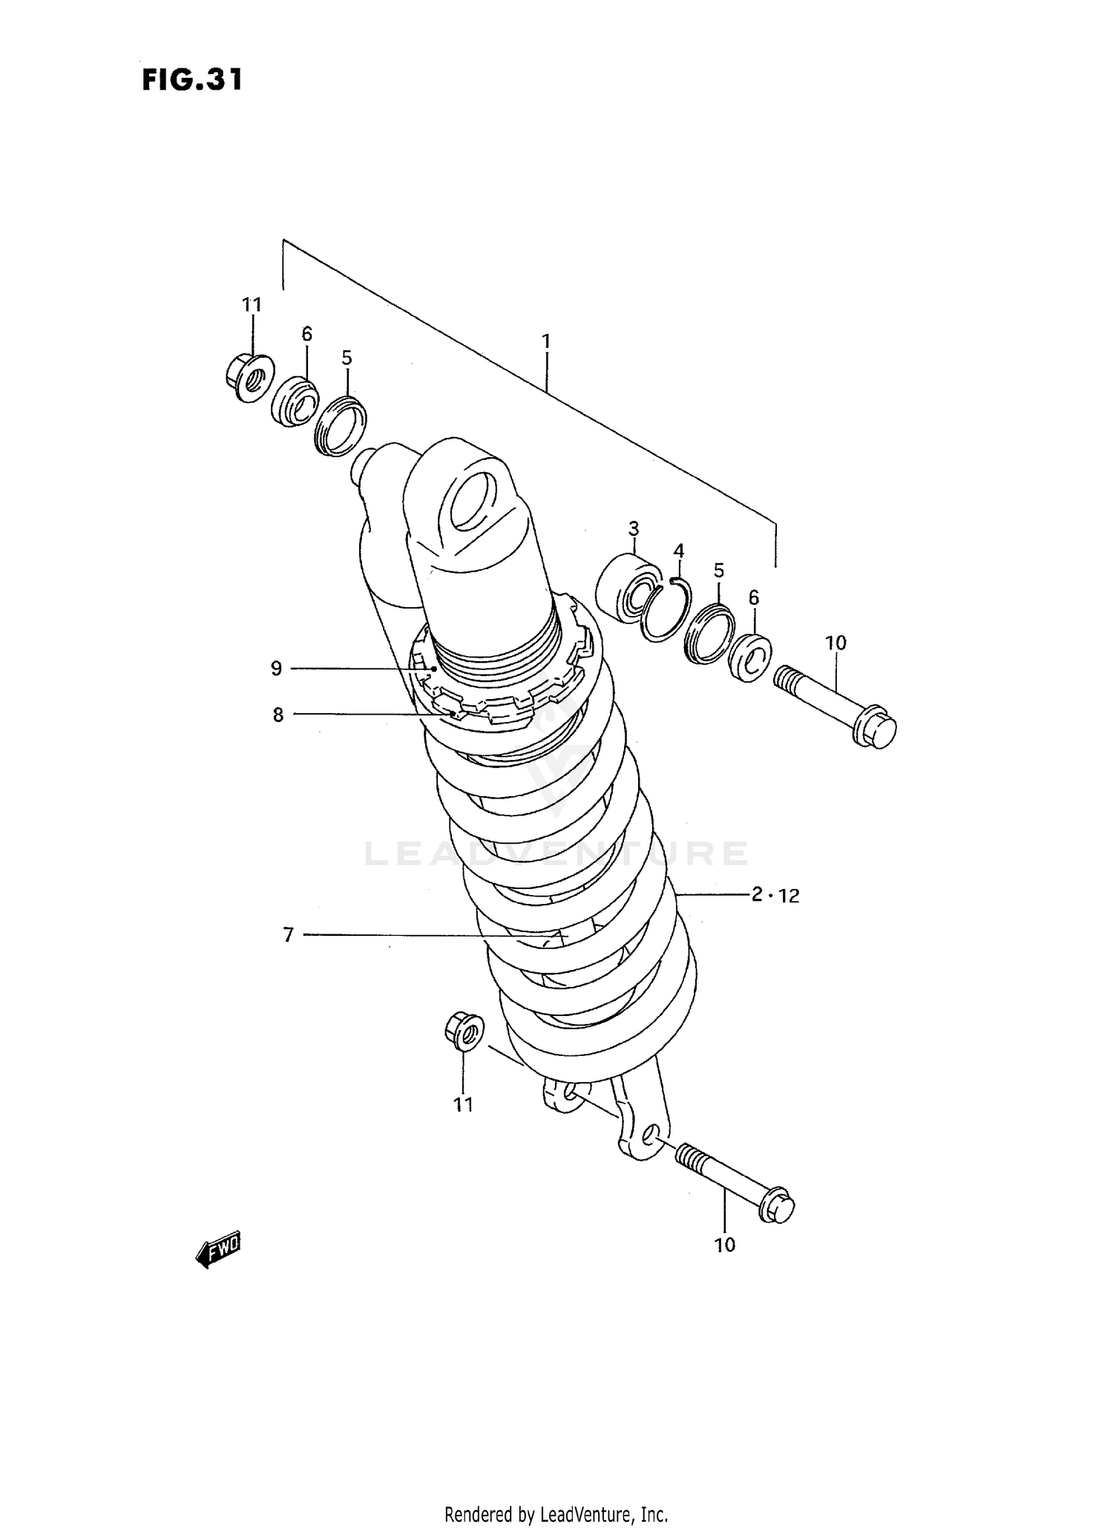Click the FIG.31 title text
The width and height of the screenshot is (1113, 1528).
click(192, 80)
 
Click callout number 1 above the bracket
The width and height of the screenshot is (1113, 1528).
click(546, 342)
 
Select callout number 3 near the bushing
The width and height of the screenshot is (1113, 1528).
click(633, 529)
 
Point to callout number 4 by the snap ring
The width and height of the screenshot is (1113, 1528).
click(678, 551)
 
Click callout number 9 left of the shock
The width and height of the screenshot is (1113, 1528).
click(276, 669)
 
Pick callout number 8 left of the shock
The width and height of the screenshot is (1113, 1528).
click(278, 715)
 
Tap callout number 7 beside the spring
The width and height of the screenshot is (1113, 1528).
click(288, 935)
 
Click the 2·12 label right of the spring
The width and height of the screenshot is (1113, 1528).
click(775, 895)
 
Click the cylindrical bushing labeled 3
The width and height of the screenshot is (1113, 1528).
click(628, 586)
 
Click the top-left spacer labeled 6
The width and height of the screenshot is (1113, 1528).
click(294, 404)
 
